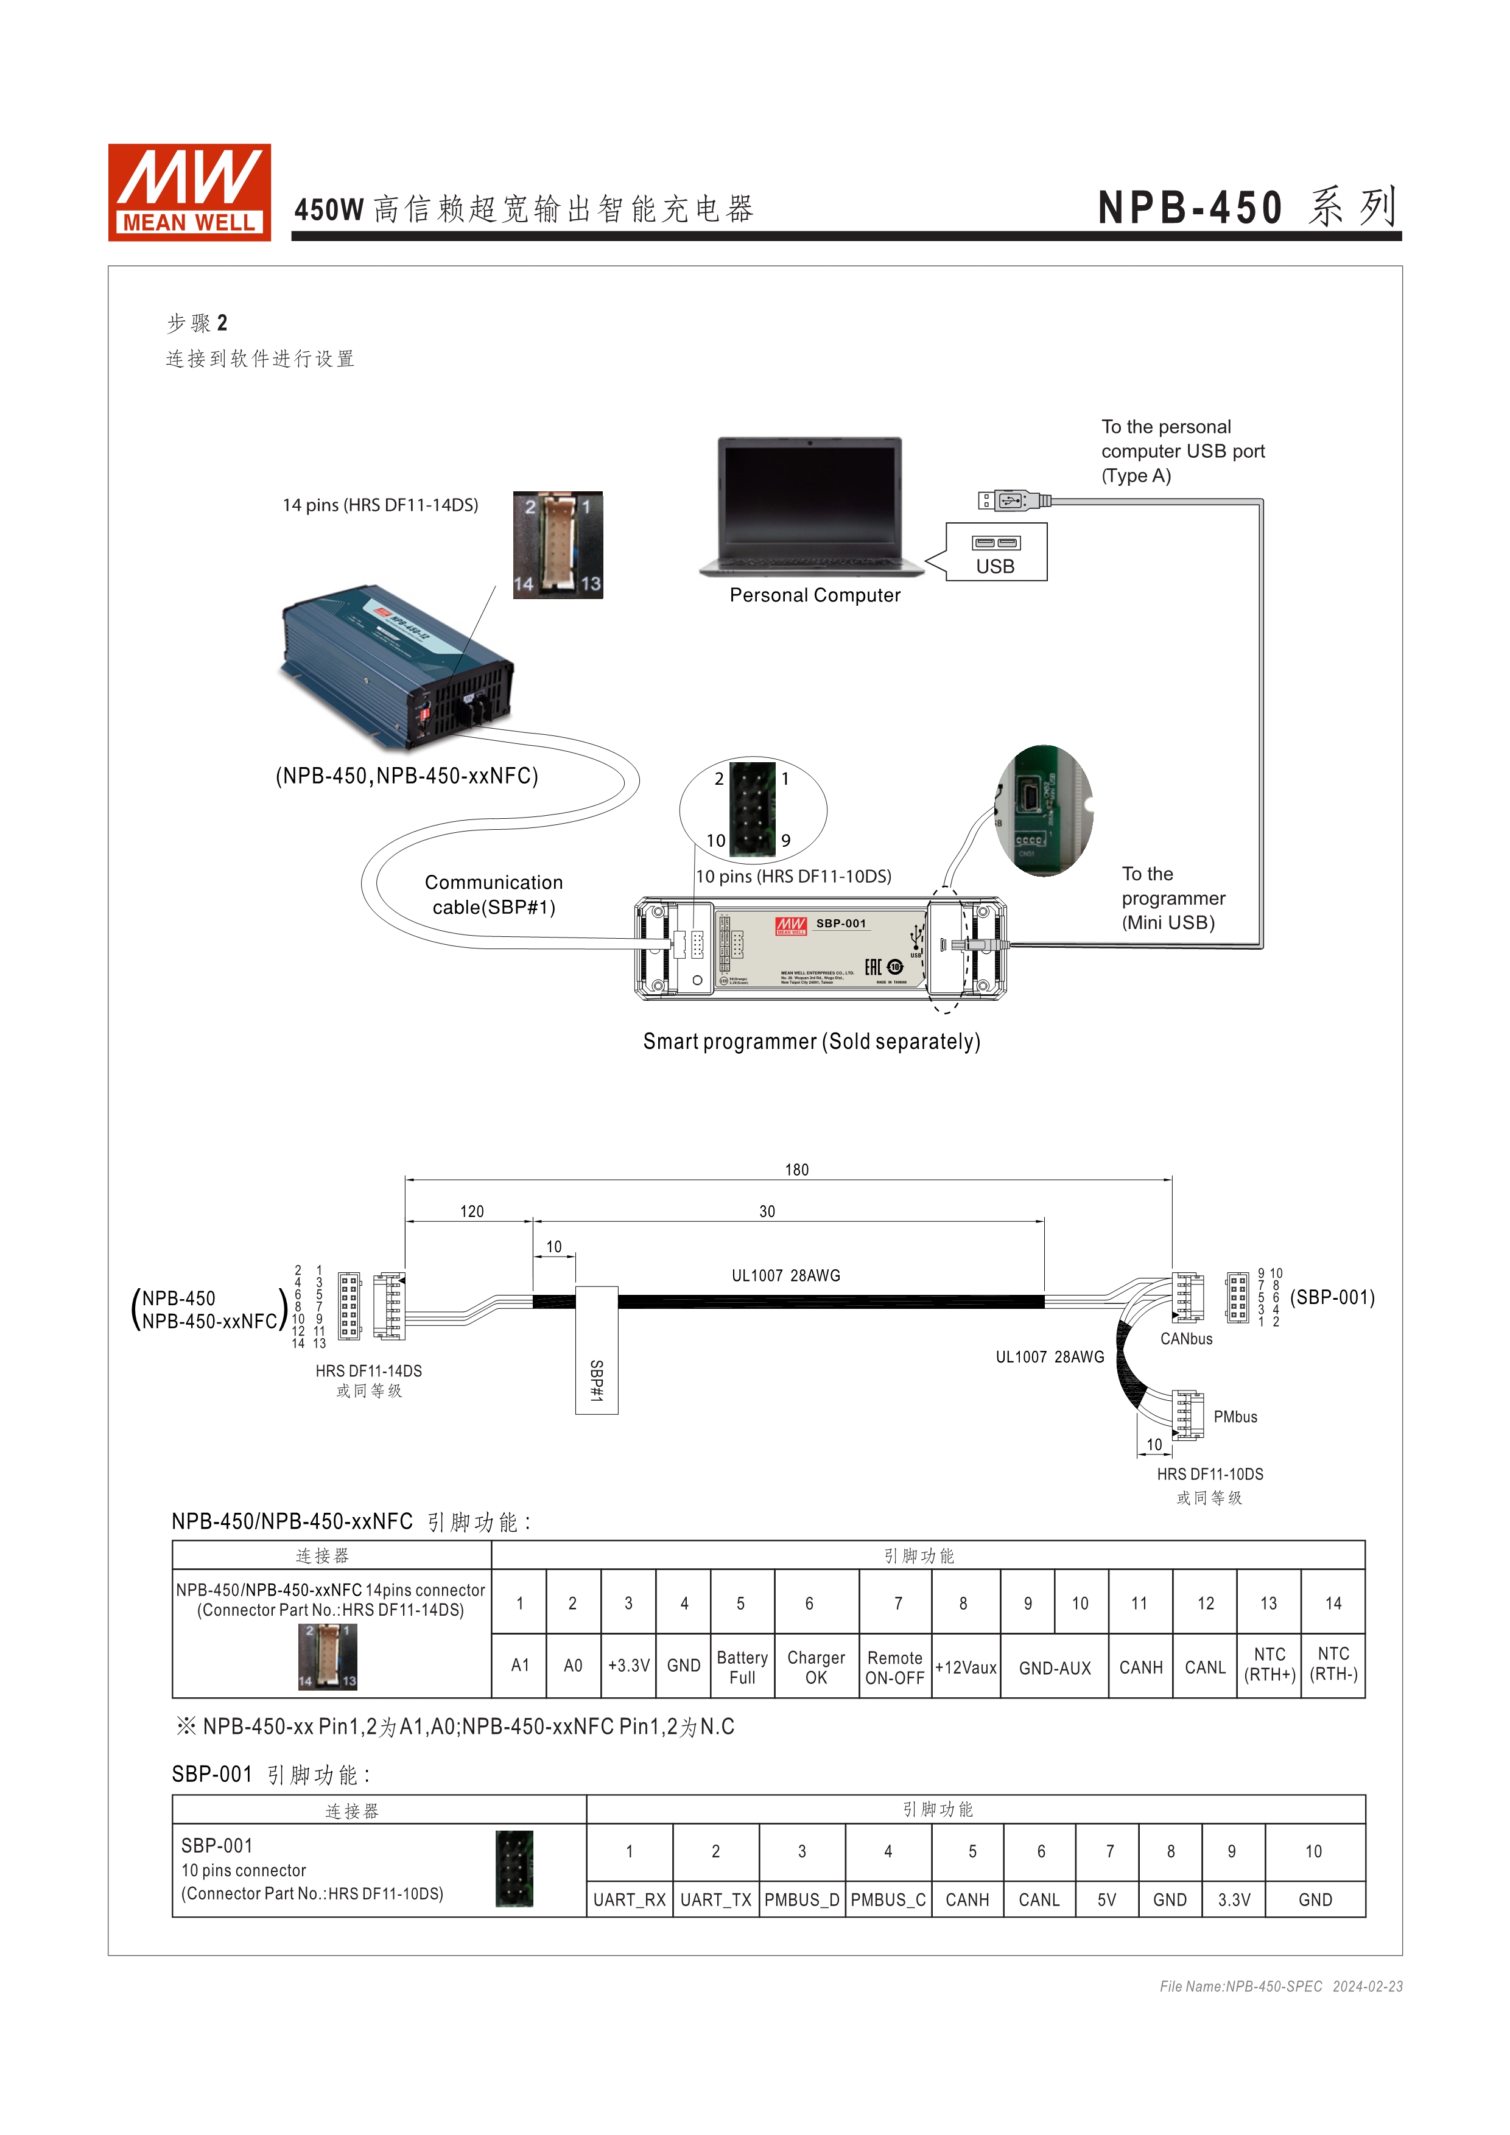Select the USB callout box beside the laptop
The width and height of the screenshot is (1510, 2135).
(x=996, y=552)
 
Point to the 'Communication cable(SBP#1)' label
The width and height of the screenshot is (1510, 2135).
(x=494, y=894)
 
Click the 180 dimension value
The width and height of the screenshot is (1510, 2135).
(x=797, y=1170)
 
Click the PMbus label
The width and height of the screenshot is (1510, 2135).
(x=1235, y=1417)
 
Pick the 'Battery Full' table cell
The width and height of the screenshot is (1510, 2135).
(x=742, y=1667)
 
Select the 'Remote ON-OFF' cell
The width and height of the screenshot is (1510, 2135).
(x=894, y=1667)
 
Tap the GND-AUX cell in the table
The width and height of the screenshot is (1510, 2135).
(x=1055, y=1668)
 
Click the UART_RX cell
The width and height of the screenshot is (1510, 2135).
(x=630, y=1900)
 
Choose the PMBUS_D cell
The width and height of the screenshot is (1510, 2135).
(x=801, y=1900)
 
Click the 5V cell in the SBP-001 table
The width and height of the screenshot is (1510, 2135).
(x=1106, y=1900)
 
